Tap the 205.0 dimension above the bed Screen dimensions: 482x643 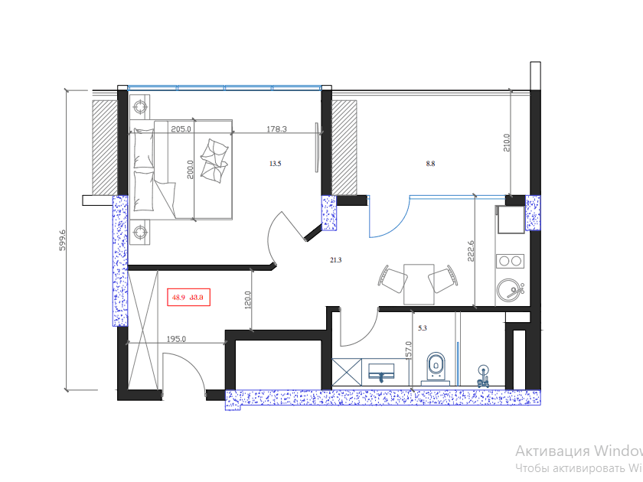(x=181, y=129)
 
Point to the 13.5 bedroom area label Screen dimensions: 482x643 (x=276, y=163)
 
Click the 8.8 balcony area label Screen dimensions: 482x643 (x=431, y=163)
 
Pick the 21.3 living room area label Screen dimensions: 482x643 (x=335, y=260)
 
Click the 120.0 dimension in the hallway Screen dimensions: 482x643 (x=247, y=298)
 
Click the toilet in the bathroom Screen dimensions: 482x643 (x=436, y=366)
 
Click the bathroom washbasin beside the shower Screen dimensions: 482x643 (x=380, y=373)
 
